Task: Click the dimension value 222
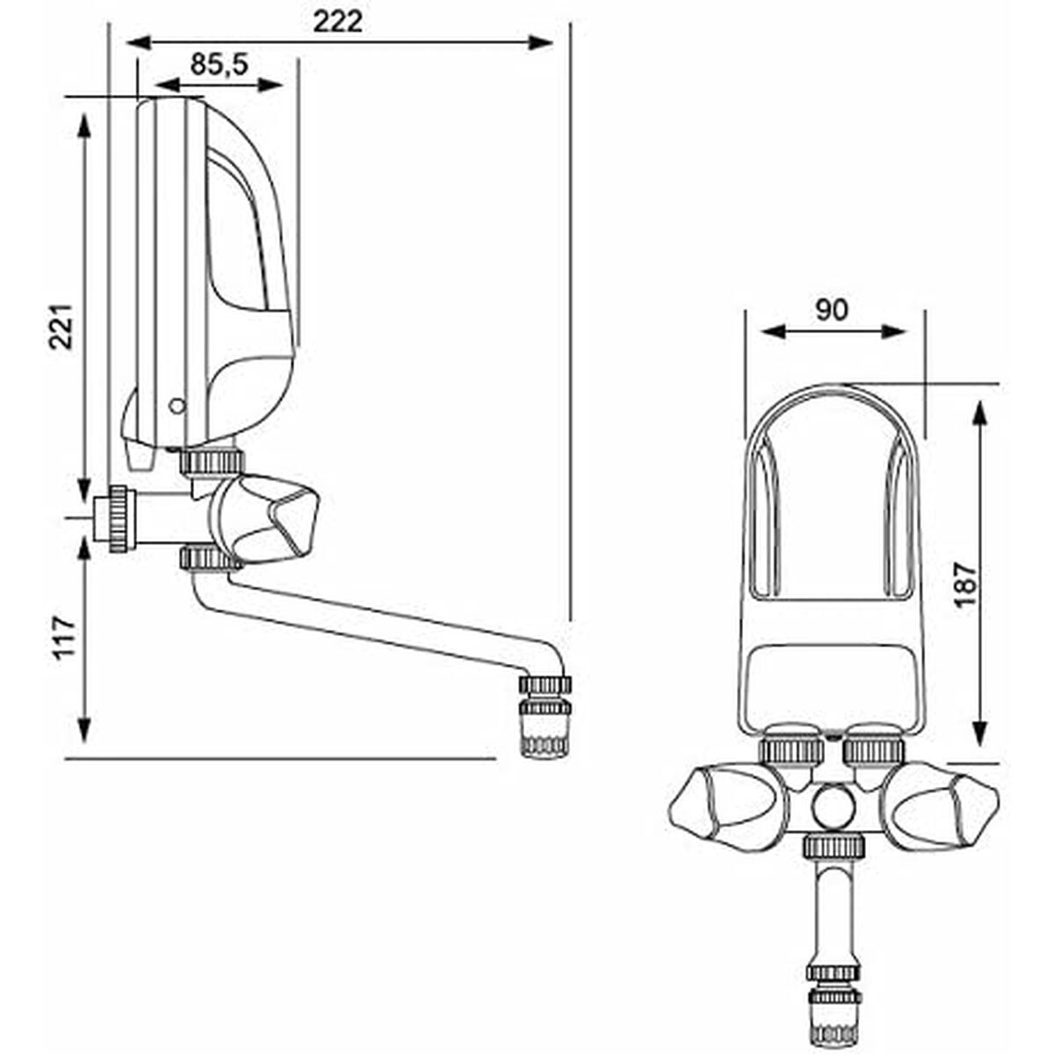click(338, 21)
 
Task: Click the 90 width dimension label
click(831, 310)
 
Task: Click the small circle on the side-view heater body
click(177, 406)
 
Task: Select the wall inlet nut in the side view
click(115, 519)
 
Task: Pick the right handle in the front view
click(949, 804)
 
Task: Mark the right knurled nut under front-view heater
click(873, 749)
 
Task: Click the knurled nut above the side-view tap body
click(213, 460)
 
